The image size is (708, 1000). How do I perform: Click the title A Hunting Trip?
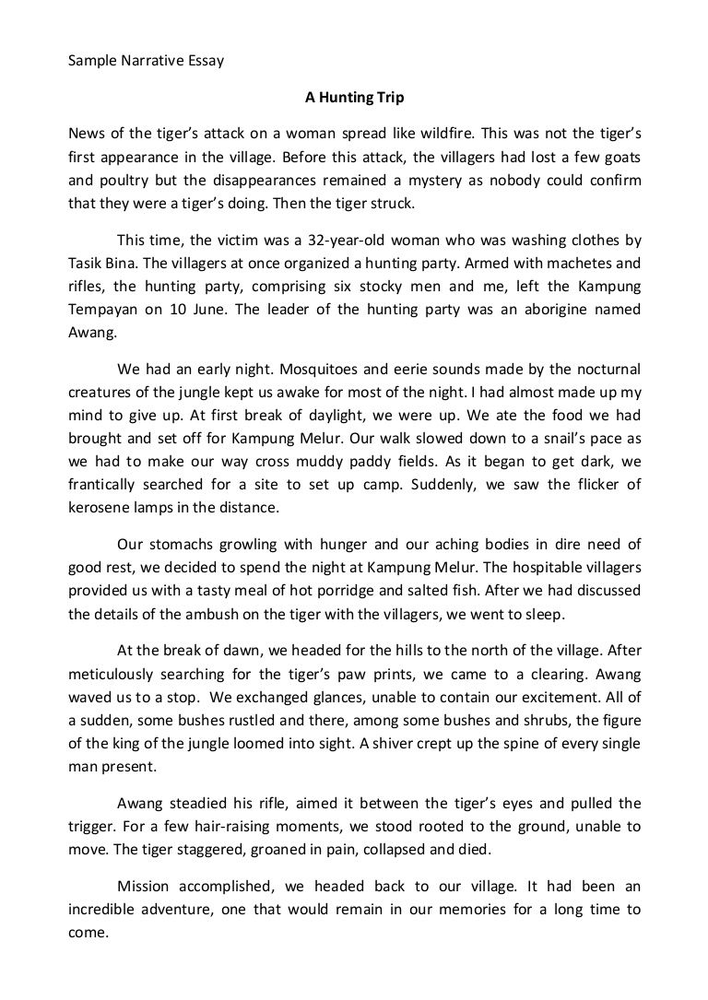pos(354,95)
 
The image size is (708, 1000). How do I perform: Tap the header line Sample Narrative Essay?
pos(147,63)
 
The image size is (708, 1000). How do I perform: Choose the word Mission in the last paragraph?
pos(147,887)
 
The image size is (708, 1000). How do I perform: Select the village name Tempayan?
pos(102,310)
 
